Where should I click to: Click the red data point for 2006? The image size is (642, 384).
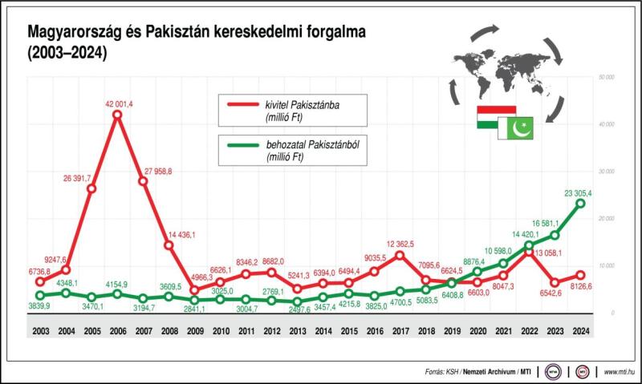(117, 115)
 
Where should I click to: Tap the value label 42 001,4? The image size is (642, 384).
(118, 103)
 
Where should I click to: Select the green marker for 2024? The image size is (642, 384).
(580, 204)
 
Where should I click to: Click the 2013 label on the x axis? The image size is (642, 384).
(298, 331)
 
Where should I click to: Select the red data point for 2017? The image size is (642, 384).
(400, 255)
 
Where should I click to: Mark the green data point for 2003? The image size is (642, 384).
(40, 295)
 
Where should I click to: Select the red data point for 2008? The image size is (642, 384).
(169, 245)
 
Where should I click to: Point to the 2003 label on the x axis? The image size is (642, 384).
(40, 331)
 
